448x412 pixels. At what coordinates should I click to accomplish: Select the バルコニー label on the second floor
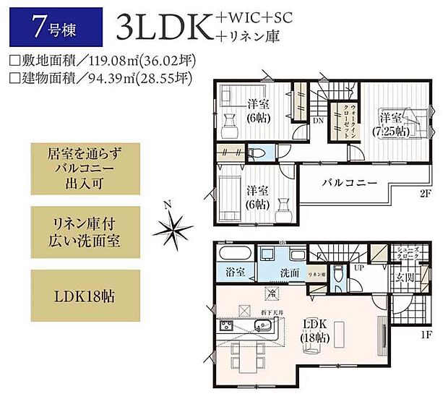350,184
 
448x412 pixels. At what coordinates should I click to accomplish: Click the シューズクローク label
405,254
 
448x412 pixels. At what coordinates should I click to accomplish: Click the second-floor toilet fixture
254,153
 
